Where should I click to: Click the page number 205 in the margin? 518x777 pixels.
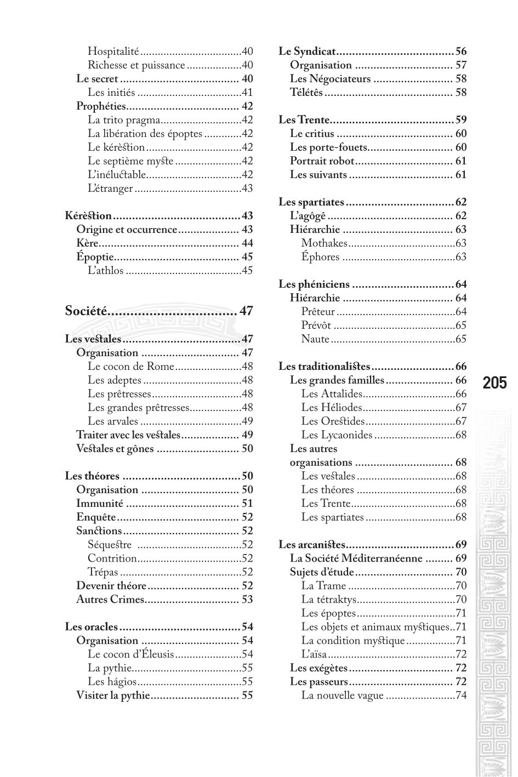tap(494, 382)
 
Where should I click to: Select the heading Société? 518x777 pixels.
tap(86, 311)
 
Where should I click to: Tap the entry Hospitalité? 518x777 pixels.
tap(113, 52)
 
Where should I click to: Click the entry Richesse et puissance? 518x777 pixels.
tap(136, 65)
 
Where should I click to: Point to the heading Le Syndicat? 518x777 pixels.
tap(307, 52)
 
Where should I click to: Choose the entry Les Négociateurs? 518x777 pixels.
tap(331, 79)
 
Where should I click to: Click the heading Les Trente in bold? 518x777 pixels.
tap(304, 120)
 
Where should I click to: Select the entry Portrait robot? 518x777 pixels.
tap(322, 161)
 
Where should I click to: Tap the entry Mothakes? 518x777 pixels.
tap(325, 243)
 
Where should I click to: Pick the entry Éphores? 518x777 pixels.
tap(321, 257)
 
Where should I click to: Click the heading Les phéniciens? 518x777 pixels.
tap(314, 284)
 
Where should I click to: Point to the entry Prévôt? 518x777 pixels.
tap(317, 325)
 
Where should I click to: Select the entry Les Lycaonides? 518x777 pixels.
tap(337, 435)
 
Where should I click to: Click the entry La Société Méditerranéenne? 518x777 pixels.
tap(356, 558)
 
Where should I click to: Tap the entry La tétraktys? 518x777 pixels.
tap(329, 599)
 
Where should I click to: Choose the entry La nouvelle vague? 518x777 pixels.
tap(343, 695)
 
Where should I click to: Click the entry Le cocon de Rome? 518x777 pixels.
tap(131, 367)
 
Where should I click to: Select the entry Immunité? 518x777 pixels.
tap(100, 504)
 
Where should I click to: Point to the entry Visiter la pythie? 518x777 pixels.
tap(113, 695)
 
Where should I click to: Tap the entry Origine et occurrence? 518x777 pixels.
tap(127, 230)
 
